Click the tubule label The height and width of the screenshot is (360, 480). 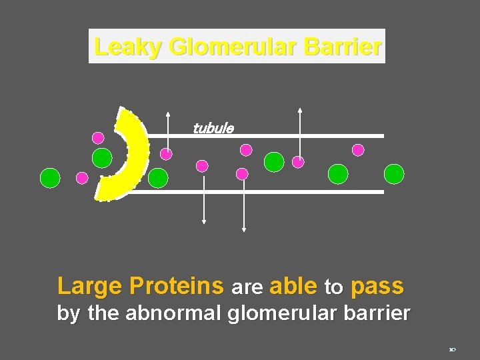click(213, 128)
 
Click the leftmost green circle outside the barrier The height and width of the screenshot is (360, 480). click(50, 177)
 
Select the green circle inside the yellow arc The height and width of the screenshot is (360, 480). click(102, 158)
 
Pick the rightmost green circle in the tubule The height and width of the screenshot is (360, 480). click(394, 174)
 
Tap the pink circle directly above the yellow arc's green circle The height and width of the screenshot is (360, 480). click(98, 138)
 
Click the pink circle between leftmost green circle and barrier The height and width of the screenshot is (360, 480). click(82, 178)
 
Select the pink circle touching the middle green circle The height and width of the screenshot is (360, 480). click(298, 161)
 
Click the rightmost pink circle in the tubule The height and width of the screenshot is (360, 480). click(358, 150)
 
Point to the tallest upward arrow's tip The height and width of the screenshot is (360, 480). click(300, 109)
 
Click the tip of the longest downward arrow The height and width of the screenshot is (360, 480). click(244, 230)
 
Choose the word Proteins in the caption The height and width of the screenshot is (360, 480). click(176, 286)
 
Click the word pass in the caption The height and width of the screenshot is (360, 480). click(377, 286)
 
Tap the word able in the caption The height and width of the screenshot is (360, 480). click(293, 286)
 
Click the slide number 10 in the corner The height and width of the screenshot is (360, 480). click(451, 349)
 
